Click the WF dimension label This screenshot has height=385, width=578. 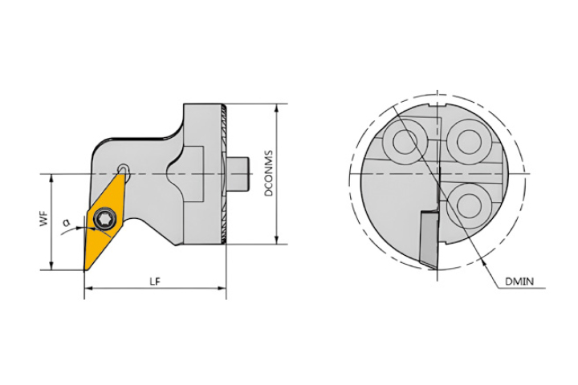click(x=44, y=219)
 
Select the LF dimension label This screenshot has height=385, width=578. click(x=155, y=282)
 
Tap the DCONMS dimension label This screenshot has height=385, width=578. click(x=270, y=173)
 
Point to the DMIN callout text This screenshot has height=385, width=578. click(x=519, y=282)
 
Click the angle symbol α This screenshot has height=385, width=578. click(x=67, y=222)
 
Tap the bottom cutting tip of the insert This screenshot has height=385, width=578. click(x=85, y=270)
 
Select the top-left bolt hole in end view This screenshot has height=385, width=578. click(x=405, y=142)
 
